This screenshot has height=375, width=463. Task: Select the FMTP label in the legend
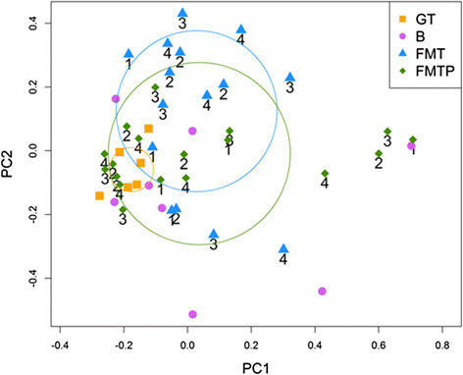pyautogui.click(x=433, y=69)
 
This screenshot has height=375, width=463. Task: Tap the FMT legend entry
pyautogui.click(x=430, y=52)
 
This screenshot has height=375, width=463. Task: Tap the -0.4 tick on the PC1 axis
pyautogui.click(x=61, y=346)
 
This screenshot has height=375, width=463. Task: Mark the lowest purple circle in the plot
pyautogui.click(x=192, y=314)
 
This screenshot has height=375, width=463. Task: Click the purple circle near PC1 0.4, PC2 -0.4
pyautogui.click(x=322, y=292)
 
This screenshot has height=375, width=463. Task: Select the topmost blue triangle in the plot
pyautogui.click(x=182, y=14)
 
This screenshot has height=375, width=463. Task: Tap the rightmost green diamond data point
pyautogui.click(x=413, y=140)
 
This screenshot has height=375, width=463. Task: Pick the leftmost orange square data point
pyautogui.click(x=100, y=196)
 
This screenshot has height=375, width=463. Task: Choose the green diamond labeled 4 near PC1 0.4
pyautogui.click(x=325, y=174)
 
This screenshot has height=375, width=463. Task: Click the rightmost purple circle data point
pyautogui.click(x=412, y=146)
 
